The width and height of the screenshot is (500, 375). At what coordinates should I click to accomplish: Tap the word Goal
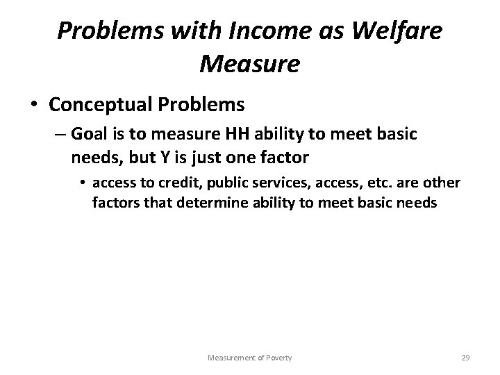[x=90, y=135]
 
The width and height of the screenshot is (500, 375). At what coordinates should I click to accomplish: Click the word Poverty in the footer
[x=276, y=358]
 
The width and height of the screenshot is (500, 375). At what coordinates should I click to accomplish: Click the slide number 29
[x=465, y=358]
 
